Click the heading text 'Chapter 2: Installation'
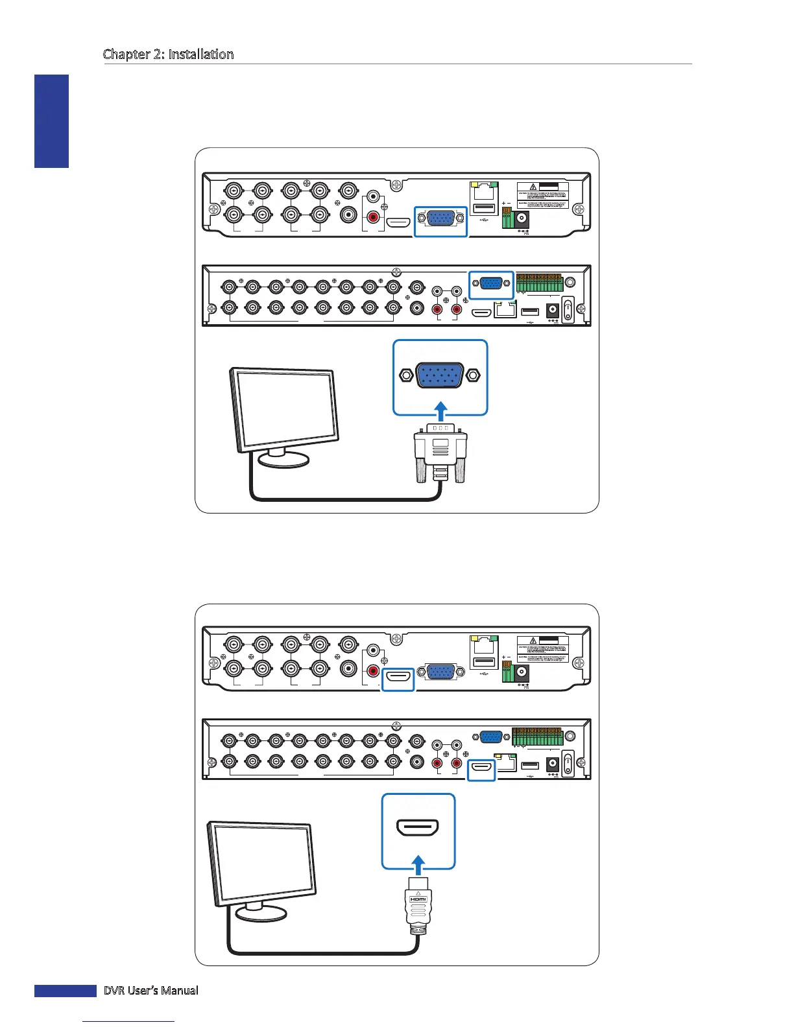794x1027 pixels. click(x=168, y=54)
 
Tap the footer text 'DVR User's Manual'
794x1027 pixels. click(x=150, y=990)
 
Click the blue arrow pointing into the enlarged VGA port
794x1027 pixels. click(x=440, y=410)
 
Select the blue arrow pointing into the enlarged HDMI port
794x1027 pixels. click(x=418, y=864)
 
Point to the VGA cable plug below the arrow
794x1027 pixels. click(x=440, y=451)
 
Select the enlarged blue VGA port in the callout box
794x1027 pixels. click(x=440, y=375)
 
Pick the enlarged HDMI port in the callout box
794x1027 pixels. click(x=418, y=828)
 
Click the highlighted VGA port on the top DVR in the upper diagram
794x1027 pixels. click(x=440, y=221)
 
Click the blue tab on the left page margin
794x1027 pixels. click(x=52, y=121)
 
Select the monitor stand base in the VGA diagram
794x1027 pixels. click(x=283, y=460)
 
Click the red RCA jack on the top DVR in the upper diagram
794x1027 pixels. click(x=373, y=217)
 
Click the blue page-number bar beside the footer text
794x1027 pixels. click(x=65, y=990)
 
